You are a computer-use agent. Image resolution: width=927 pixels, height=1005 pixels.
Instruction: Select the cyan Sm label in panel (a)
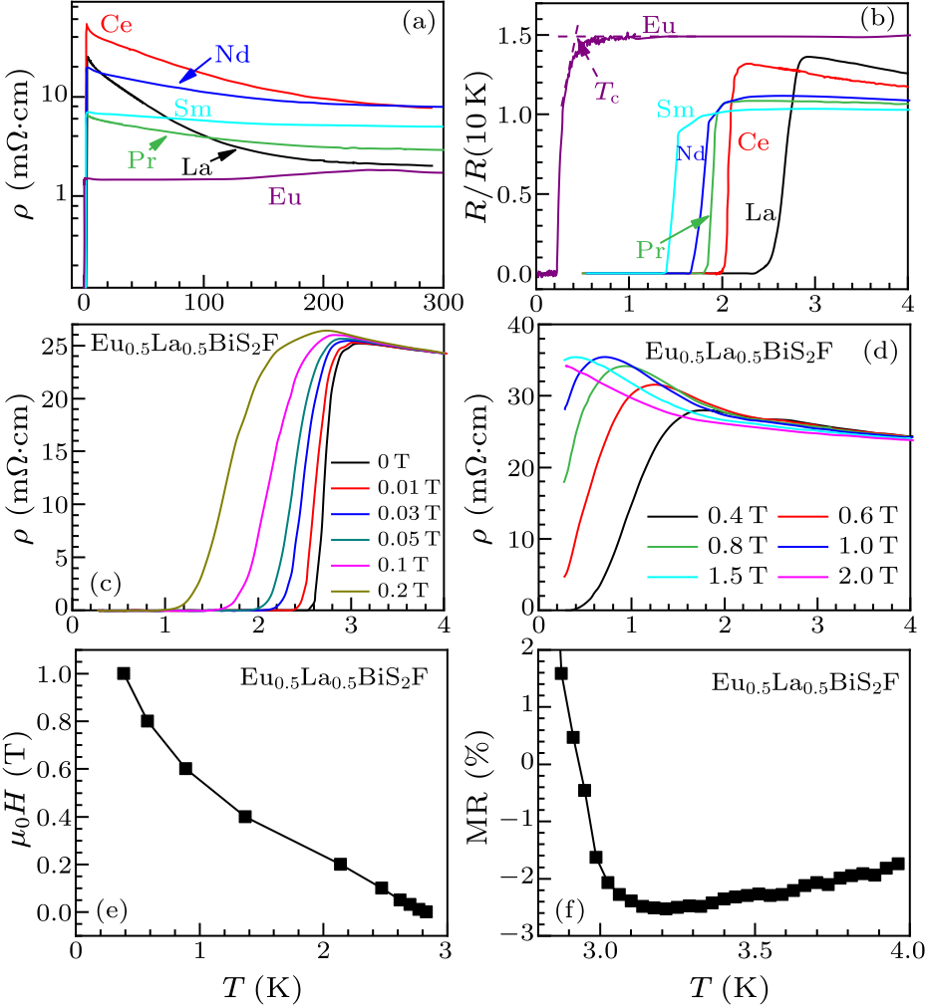(x=191, y=108)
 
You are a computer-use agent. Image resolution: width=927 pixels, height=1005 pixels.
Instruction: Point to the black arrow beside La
(x=224, y=153)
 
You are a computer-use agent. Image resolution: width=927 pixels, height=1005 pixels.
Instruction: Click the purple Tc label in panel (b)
(x=607, y=92)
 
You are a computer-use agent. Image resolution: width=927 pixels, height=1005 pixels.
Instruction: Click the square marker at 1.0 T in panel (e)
(x=124, y=673)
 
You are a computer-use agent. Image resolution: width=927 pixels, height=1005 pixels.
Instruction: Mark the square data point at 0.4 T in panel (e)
(x=245, y=817)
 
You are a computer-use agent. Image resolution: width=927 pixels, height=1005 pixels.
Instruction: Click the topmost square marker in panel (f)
(x=561, y=673)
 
